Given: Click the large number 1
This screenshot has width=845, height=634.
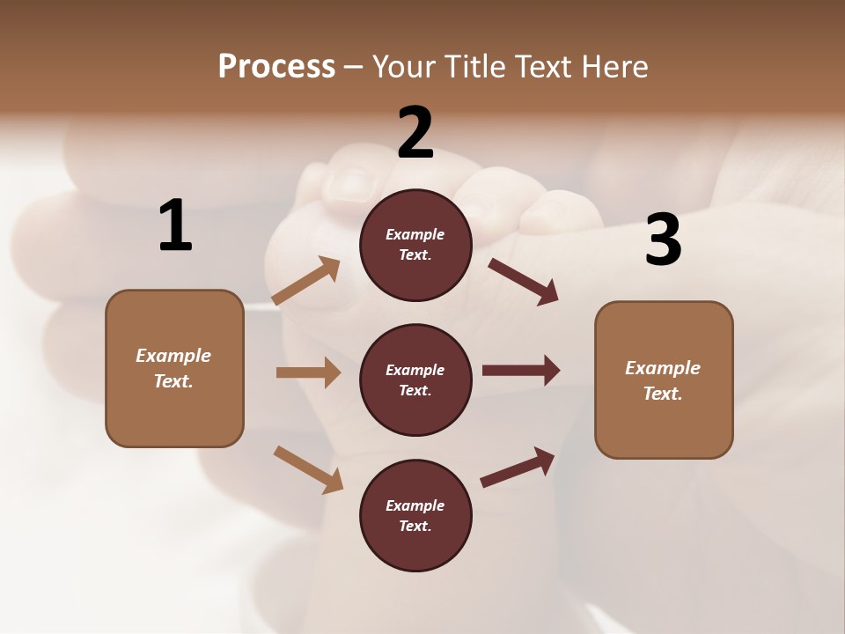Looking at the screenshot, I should click(175, 226).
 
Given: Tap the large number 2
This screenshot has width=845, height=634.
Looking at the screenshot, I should click(415, 133).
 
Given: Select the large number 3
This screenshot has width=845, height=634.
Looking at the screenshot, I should click(663, 240).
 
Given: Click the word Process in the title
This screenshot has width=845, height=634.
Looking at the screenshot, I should click(276, 67).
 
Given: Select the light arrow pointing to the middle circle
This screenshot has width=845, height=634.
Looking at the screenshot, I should click(308, 372).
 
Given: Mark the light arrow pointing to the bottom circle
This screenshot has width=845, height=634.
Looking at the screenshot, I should click(308, 469).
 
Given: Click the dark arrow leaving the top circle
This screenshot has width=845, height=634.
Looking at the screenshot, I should click(524, 282).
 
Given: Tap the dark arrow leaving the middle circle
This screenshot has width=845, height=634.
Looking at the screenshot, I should click(521, 371).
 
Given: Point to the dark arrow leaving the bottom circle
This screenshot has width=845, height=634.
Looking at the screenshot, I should click(518, 467).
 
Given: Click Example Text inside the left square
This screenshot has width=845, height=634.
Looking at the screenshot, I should click(173, 368).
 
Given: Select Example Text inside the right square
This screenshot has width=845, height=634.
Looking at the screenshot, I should click(663, 380).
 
